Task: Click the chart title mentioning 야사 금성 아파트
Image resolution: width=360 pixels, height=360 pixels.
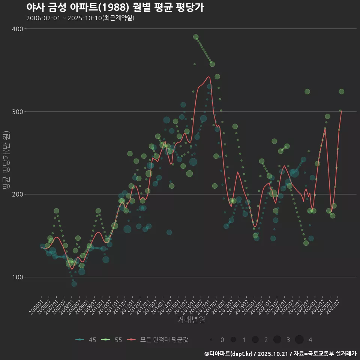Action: coord(115,7)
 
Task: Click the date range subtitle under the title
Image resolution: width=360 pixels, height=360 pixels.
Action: coord(80,18)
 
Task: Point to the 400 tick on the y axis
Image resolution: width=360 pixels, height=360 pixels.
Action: coord(18,29)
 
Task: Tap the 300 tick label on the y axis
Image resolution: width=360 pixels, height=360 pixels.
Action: coord(18,112)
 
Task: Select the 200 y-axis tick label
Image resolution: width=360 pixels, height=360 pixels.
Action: coord(18,194)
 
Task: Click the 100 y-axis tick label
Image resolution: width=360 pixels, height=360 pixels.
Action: coord(18,277)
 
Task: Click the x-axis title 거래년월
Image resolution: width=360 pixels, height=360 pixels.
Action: coord(191,320)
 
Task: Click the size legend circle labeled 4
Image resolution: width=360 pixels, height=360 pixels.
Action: coord(299,340)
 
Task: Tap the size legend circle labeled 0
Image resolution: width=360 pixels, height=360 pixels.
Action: coord(211,340)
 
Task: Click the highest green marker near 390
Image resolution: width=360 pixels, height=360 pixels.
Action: coord(196,37)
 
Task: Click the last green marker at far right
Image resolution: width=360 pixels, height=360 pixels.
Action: coord(341,91)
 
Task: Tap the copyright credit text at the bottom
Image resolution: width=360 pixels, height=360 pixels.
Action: coord(280,354)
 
